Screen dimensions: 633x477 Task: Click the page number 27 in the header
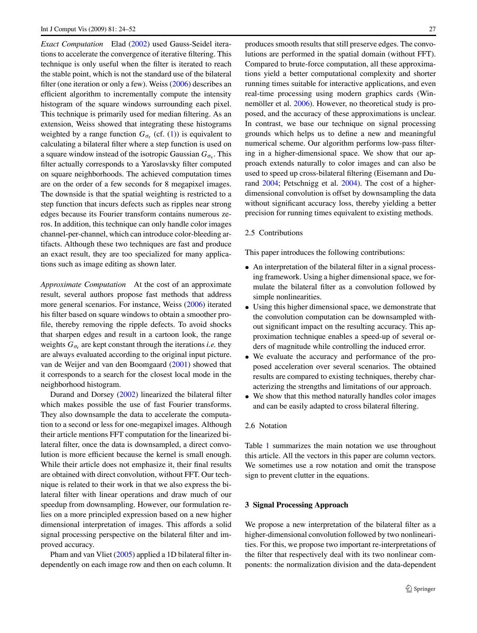click(x=432, y=29)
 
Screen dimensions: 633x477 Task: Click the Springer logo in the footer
click(x=420, y=589)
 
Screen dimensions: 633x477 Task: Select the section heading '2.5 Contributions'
click(x=274, y=233)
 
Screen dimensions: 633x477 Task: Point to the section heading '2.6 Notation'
click(x=266, y=426)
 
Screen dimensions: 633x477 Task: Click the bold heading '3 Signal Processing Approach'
click(x=296, y=505)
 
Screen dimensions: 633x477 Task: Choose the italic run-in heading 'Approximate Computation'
click(x=83, y=284)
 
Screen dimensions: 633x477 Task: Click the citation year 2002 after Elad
click(x=139, y=44)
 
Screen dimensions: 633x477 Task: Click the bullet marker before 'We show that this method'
click(x=247, y=397)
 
